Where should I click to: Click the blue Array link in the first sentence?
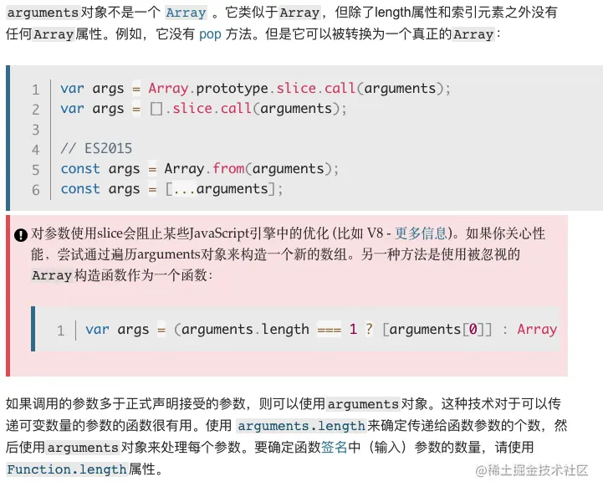(x=186, y=13)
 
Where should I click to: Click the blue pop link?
(x=210, y=34)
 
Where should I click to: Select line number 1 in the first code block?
(x=36, y=89)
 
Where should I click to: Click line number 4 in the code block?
(x=36, y=149)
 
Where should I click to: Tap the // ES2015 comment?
(x=96, y=149)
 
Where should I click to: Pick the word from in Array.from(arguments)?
(x=228, y=169)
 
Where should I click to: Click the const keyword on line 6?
(x=80, y=189)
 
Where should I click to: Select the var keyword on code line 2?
(x=72, y=109)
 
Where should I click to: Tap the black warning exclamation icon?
(x=21, y=234)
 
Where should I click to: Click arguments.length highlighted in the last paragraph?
(x=301, y=426)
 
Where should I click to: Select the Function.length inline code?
(x=67, y=469)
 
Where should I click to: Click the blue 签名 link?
(x=334, y=448)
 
